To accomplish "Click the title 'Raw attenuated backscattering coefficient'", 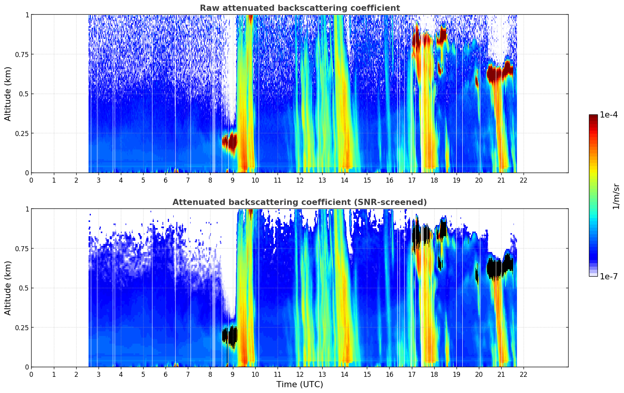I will pyautogui.click(x=299, y=8).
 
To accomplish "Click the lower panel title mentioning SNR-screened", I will pyautogui.click(x=299, y=202).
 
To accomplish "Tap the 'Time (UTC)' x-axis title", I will pyautogui.click(x=299, y=385).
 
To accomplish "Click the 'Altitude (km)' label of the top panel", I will pyautogui.click(x=8, y=94).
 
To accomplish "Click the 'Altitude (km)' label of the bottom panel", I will pyautogui.click(x=8, y=288).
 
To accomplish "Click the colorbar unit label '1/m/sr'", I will pyautogui.click(x=616, y=196).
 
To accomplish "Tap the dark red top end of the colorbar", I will pyautogui.click(x=593, y=117).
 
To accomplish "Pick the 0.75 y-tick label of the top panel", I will pyautogui.click(x=22, y=54).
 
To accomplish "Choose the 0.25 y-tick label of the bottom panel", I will pyautogui.click(x=22, y=327).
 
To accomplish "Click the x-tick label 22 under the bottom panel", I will pyautogui.click(x=524, y=375).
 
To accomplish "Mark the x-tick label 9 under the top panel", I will pyautogui.click(x=233, y=180).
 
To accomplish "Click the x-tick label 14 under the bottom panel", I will pyautogui.click(x=345, y=375).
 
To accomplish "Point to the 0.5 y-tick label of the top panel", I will pyautogui.click(x=24, y=94).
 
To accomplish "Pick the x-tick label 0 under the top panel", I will pyautogui.click(x=32, y=180).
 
